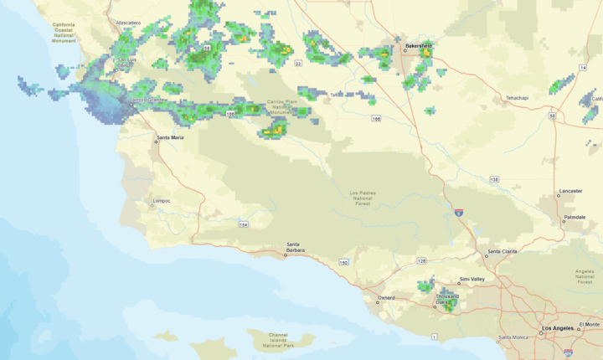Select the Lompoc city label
(162, 201)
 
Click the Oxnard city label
(386, 297)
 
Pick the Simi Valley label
(472, 280)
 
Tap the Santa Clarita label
(502, 251)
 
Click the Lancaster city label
(571, 191)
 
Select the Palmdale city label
(575, 217)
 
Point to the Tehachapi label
(517, 98)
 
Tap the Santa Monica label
(513, 337)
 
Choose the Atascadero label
(128, 23)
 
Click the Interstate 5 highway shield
(459, 213)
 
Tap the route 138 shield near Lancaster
(495, 179)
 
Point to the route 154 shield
(243, 224)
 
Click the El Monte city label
(589, 324)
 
